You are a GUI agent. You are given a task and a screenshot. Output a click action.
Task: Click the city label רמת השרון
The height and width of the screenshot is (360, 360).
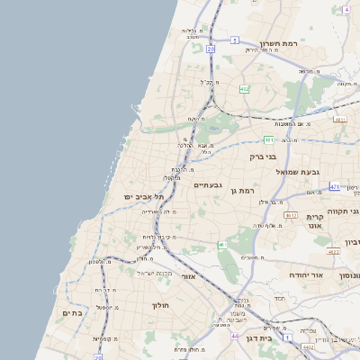278,43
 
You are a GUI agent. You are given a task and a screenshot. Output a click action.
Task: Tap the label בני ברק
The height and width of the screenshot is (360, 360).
264,156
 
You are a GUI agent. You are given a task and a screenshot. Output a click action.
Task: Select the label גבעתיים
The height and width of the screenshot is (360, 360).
208,184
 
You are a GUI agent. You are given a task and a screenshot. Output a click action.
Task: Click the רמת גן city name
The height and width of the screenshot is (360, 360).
244,190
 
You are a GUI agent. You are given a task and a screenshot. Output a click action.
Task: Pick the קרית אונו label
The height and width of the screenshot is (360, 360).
314,223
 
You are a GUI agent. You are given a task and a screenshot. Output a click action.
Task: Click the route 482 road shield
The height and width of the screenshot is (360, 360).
245,89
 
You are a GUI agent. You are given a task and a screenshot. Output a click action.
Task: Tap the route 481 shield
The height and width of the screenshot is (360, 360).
269,139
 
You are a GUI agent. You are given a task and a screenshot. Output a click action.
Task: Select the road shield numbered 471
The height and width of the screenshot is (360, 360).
335,186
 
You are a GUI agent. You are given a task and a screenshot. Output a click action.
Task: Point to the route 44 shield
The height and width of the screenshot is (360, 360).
236,336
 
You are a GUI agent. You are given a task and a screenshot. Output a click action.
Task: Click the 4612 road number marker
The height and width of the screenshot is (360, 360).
290,215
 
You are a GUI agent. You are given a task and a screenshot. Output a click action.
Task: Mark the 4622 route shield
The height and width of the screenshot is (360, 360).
333,252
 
